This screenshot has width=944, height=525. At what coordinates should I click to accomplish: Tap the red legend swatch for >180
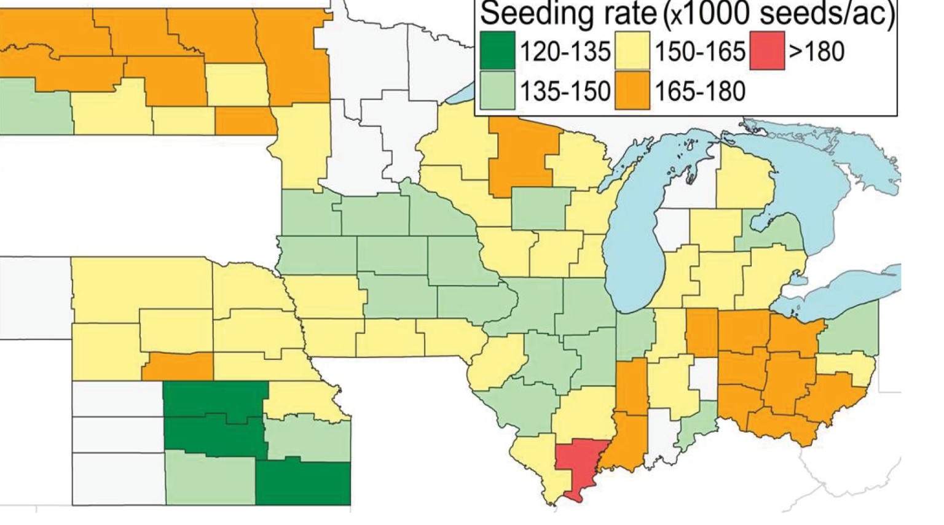tap(766, 50)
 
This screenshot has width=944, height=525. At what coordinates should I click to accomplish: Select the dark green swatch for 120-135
tap(497, 50)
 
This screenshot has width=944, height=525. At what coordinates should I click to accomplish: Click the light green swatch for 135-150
tap(497, 90)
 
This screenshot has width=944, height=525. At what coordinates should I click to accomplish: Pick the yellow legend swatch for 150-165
tap(632, 50)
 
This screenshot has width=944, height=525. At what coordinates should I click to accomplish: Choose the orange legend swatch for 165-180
tap(632, 90)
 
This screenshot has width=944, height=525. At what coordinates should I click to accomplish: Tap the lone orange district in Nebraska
tap(178, 366)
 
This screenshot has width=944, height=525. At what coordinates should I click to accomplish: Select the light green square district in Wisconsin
tap(540, 208)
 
